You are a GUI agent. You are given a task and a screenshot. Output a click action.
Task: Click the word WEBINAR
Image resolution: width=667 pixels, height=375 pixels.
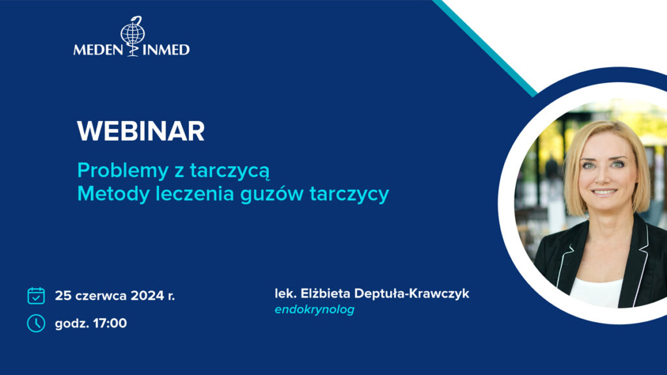point(141,132)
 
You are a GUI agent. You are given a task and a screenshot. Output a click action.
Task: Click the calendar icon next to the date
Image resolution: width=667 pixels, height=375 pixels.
point(36,296)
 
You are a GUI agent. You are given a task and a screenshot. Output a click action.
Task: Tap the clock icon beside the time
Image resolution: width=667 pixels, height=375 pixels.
point(36,323)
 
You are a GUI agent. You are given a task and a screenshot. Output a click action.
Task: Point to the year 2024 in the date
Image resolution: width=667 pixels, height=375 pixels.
point(148,296)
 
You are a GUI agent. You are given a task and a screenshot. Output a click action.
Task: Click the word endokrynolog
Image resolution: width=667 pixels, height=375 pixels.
point(315,309)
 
